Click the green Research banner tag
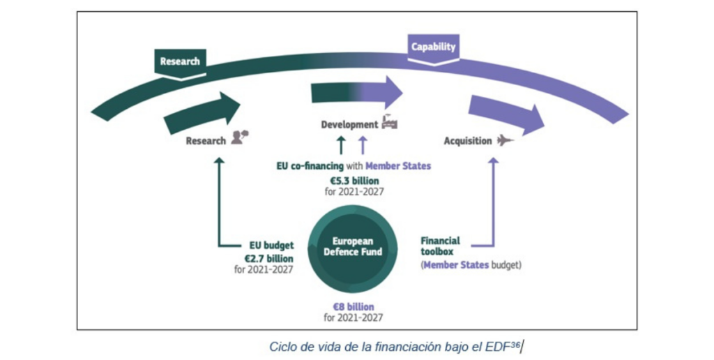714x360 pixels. click(179, 61)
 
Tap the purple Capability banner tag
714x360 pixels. click(433, 47)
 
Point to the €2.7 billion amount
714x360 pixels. click(268, 257)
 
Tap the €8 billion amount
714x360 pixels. click(352, 307)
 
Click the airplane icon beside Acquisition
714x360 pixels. click(506, 141)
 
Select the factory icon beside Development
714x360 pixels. click(389, 123)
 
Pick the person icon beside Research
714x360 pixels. click(240, 137)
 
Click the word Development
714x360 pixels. click(349, 125)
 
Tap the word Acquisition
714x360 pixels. click(467, 142)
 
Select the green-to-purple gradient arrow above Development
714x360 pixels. click(356, 92)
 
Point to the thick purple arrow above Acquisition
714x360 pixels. click(506, 114)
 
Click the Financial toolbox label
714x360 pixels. click(440, 246)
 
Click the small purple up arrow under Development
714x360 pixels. click(363, 145)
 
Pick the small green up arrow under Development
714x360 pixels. click(341, 145)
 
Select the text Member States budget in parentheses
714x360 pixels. click(471, 264)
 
